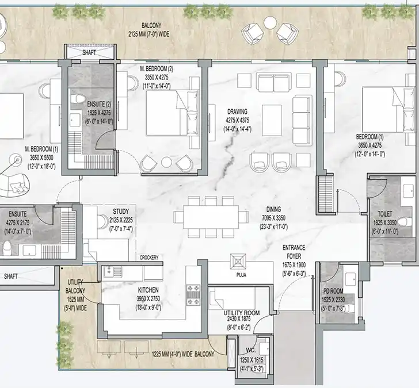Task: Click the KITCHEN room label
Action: [148, 290]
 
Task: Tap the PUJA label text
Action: [241, 275]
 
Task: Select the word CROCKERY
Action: [149, 258]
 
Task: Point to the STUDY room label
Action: [121, 212]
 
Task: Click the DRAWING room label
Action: [237, 112]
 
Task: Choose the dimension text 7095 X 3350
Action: [273, 218]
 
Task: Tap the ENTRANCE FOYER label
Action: [294, 252]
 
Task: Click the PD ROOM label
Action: [333, 291]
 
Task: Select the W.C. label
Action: [251, 351]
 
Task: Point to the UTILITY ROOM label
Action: [242, 313]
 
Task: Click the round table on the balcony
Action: [270, 23]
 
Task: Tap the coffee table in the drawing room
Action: [272, 120]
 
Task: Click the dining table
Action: [211, 216]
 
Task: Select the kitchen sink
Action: [113, 272]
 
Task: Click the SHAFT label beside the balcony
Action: [89, 52]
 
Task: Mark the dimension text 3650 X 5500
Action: [41, 157]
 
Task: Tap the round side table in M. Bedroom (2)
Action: [166, 162]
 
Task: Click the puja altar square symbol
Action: [238, 262]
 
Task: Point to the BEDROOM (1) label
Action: [370, 137]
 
